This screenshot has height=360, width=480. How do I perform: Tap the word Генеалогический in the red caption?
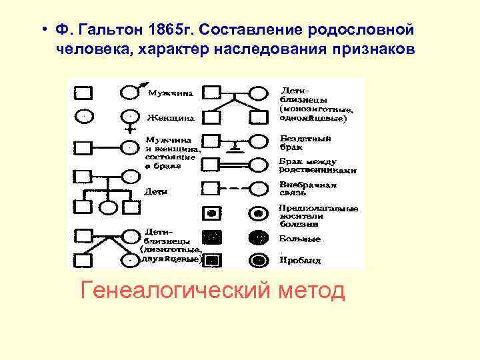click(x=172, y=291)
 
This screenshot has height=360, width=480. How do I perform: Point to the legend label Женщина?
click(x=170, y=118)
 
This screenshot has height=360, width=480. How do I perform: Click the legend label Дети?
click(x=155, y=191)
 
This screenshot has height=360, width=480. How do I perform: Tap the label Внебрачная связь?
click(x=308, y=189)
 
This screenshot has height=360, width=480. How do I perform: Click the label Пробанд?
click(x=301, y=260)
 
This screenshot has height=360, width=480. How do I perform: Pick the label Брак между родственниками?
click(x=317, y=166)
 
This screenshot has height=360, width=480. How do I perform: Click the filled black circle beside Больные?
click(x=258, y=237)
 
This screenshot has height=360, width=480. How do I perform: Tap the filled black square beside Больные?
click(x=212, y=237)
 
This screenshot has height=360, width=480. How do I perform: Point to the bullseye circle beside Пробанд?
click(x=258, y=259)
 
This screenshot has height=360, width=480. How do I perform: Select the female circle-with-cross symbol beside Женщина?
click(x=129, y=117)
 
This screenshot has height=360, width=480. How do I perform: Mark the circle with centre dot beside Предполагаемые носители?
click(x=258, y=214)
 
